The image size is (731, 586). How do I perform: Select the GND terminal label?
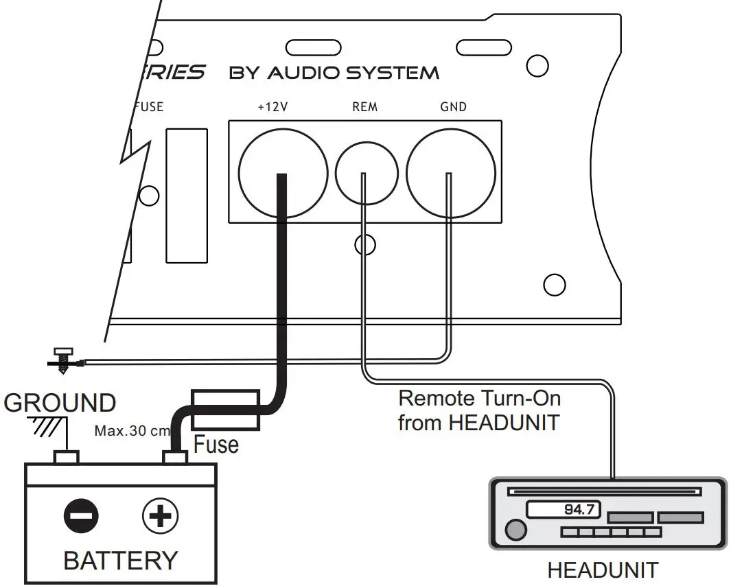tap(453, 107)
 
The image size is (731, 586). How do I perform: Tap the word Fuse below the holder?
tap(216, 445)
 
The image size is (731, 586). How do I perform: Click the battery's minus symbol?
tap(81, 516)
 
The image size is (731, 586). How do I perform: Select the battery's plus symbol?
tap(160, 516)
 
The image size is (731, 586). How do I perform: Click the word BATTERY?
tap(120, 560)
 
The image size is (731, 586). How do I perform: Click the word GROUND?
tap(59, 403)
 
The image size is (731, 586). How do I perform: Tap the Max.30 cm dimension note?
tap(130, 432)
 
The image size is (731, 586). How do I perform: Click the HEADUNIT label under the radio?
tap(602, 570)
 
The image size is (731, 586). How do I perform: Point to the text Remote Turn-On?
tap(479, 398)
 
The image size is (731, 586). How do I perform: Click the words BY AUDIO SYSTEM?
tap(334, 73)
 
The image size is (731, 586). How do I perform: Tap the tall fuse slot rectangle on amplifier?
tap(187, 196)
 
